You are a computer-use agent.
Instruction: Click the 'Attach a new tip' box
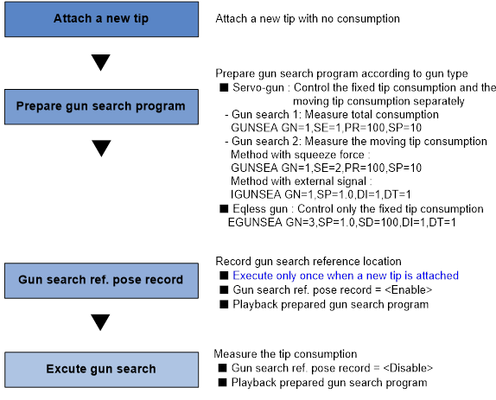coord(102,19)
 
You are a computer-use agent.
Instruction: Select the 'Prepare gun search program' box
coord(102,107)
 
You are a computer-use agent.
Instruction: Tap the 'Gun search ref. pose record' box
coord(102,281)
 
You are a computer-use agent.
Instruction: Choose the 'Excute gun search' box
coord(102,370)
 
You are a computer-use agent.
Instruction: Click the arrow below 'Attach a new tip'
coord(100,62)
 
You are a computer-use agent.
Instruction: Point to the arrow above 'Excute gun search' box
coord(100,322)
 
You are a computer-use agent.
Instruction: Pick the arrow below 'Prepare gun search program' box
coord(101,149)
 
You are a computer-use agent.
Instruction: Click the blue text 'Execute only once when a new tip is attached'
coord(346,276)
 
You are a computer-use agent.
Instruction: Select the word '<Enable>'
coord(408,290)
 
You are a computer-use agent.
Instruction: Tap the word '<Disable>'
coord(408,368)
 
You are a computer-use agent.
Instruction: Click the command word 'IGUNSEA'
coord(256,194)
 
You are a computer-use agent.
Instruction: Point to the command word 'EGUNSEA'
coord(255,222)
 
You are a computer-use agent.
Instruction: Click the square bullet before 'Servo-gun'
coord(224,87)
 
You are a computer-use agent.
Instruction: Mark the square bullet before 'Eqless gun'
coord(224,209)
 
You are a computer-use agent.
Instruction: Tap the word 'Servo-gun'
coord(258,87)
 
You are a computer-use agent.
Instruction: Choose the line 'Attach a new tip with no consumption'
coord(308,19)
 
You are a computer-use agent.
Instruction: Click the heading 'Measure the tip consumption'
coord(285,354)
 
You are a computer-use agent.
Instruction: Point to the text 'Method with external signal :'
coord(302,181)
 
